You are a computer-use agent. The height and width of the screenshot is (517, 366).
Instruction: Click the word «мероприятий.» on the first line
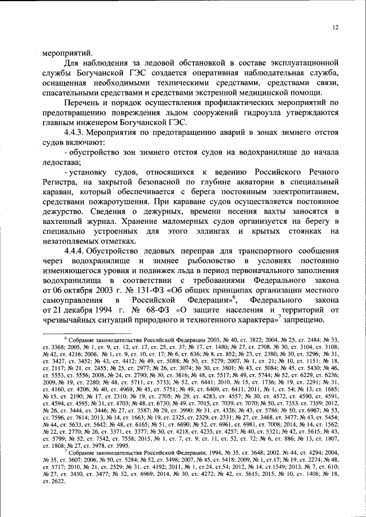tap(63, 52)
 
